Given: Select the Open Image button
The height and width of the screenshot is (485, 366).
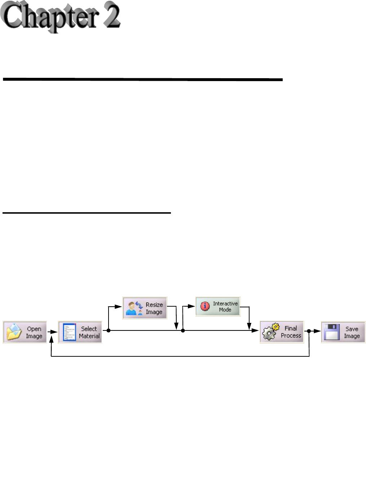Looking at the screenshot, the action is [x=25, y=332].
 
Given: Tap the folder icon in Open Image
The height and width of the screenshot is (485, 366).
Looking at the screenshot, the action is [x=14, y=332].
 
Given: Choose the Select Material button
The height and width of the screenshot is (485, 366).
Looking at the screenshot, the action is [x=80, y=332].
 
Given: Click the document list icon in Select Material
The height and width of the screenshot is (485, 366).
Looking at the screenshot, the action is [x=69, y=332].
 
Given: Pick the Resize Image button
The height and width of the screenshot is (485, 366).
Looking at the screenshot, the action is [x=145, y=308].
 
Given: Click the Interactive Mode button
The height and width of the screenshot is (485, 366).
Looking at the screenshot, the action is [x=218, y=307].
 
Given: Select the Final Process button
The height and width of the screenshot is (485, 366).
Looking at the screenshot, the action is [x=282, y=332].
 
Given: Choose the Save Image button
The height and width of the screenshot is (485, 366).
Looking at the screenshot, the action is [x=343, y=332].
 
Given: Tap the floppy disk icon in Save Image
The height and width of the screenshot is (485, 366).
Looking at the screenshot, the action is [x=331, y=332].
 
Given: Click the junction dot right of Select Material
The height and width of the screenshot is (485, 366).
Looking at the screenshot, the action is [x=108, y=330].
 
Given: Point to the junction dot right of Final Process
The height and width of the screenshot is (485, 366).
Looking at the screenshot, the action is [x=309, y=331].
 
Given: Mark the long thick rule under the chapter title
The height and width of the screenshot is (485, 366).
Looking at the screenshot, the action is [x=142, y=79].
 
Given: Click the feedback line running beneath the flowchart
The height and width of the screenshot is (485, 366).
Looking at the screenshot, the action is [x=180, y=356].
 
